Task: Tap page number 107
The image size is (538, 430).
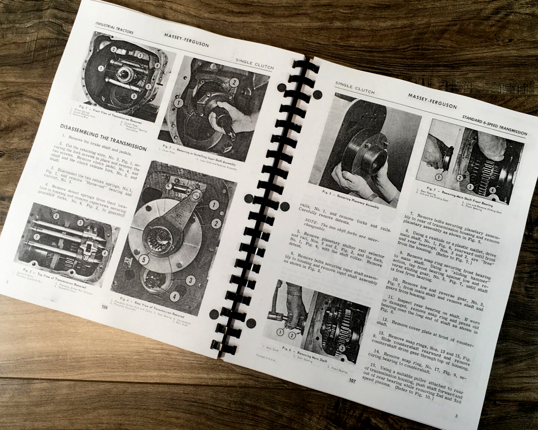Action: point(352,381)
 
